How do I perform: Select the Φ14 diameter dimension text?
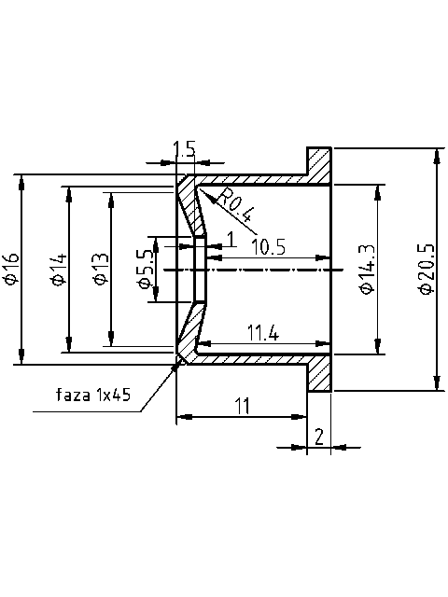[x=58, y=269]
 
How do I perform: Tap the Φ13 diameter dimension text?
[x=100, y=269]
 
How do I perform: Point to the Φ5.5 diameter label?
[x=144, y=269]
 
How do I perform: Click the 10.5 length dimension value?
[x=268, y=245]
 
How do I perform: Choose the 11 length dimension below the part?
[x=243, y=406]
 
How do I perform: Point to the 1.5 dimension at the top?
[x=185, y=149]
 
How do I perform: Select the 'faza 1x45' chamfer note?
[x=94, y=395]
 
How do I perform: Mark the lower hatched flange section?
[x=320, y=373]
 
